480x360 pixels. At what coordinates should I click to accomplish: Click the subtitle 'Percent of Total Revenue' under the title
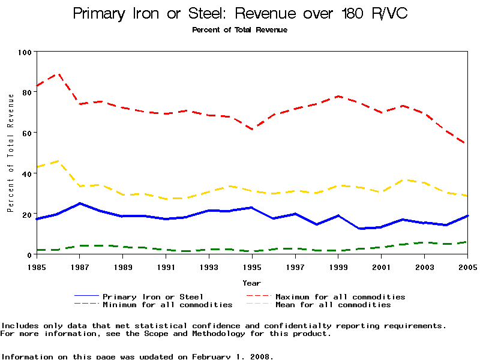pyautogui.click(x=240, y=30)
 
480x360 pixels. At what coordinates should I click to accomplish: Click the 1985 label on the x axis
pyautogui.click(x=37, y=266)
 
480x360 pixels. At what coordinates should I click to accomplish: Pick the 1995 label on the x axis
pyautogui.click(x=252, y=266)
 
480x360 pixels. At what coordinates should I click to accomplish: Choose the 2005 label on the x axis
pyautogui.click(x=467, y=266)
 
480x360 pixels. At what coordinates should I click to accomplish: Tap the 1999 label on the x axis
pyautogui.click(x=338, y=266)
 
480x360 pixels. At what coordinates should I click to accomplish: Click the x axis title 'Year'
pyautogui.click(x=252, y=283)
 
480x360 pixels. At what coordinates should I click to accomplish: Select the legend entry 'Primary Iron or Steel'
pyautogui.click(x=153, y=296)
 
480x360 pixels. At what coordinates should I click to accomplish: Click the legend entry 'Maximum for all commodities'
pyautogui.click(x=340, y=296)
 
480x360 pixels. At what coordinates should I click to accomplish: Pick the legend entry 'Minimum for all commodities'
pyautogui.click(x=167, y=305)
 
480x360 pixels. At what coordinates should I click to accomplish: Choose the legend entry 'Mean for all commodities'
pyautogui.click(x=333, y=305)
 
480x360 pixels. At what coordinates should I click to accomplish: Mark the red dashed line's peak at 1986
pyautogui.click(x=58, y=74)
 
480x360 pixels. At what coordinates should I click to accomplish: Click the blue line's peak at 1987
pyautogui.click(x=80, y=203)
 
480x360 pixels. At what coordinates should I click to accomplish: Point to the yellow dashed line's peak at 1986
pyautogui.click(x=58, y=161)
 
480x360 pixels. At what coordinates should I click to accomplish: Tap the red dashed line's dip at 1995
pyautogui.click(x=252, y=129)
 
